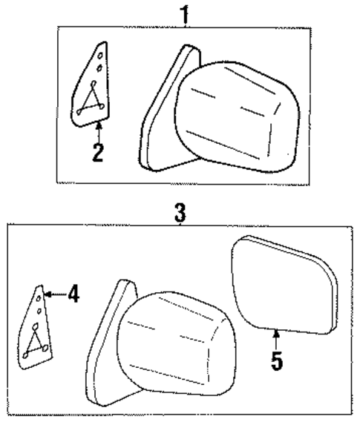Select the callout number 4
(72, 294)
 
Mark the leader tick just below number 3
(179, 223)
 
